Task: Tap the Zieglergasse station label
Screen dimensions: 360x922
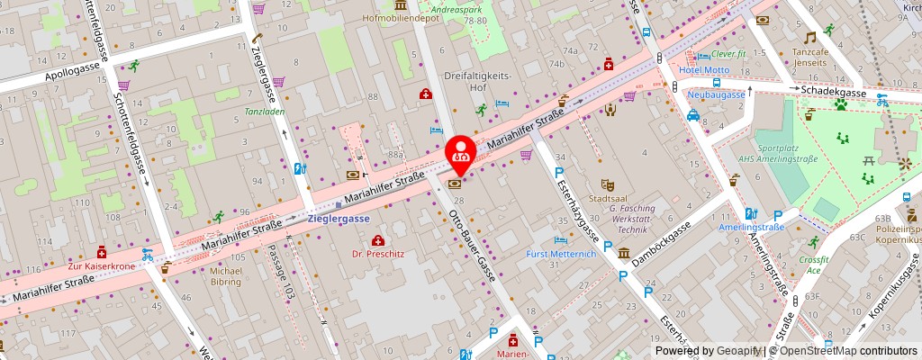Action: pyautogui.click(x=339, y=219)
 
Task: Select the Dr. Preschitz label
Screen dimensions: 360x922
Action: pyautogui.click(x=378, y=254)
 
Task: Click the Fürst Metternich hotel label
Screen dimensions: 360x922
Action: pyautogui.click(x=562, y=254)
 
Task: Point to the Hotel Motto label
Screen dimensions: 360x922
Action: pyautogui.click(x=704, y=70)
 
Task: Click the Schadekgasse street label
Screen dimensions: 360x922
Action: pyautogui.click(x=835, y=93)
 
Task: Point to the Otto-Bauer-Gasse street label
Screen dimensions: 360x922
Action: pyautogui.click(x=473, y=244)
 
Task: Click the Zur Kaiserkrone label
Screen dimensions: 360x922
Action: pyautogui.click(x=101, y=267)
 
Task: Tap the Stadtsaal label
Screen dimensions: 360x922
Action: pyautogui.click(x=605, y=197)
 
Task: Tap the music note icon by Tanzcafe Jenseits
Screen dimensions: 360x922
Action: pyautogui.click(x=809, y=38)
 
